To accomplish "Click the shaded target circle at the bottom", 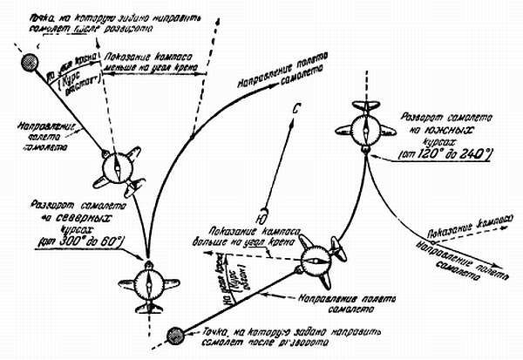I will (x=175, y=333).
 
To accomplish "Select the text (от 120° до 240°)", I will (x=434, y=155).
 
